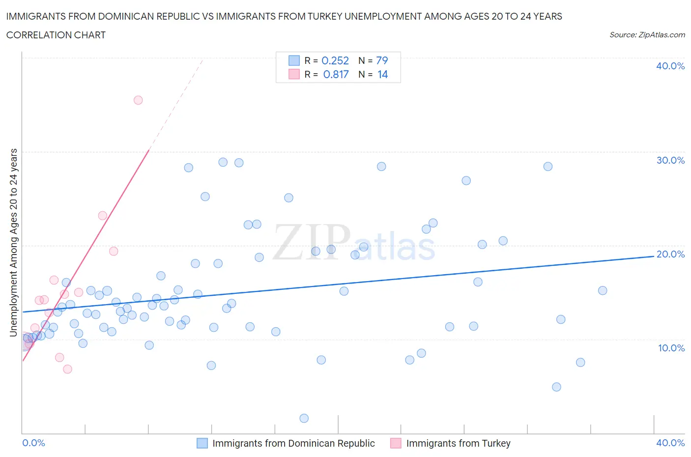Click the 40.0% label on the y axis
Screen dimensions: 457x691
click(670, 66)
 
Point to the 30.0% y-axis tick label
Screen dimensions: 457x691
click(670, 160)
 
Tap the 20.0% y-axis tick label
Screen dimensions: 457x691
click(670, 254)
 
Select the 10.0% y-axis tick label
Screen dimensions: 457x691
click(671, 348)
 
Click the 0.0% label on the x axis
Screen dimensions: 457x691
click(33, 443)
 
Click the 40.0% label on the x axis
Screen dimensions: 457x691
click(670, 443)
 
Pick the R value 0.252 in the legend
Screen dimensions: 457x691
click(335, 60)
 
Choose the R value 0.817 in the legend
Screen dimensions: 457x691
click(336, 74)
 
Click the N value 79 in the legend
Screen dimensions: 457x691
click(382, 60)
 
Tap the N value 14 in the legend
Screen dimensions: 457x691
click(382, 74)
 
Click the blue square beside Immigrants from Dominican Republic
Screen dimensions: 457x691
click(202, 443)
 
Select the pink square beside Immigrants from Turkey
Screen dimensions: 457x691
click(396, 443)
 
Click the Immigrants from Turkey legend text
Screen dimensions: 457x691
click(458, 443)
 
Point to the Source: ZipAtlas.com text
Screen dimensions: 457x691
click(647, 35)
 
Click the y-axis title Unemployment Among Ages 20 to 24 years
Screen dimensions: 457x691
click(14, 242)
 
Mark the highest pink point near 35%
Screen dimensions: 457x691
click(138, 100)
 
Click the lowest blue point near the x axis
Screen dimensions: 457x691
click(304, 418)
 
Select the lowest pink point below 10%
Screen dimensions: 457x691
click(67, 369)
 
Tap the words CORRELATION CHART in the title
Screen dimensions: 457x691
click(56, 35)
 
